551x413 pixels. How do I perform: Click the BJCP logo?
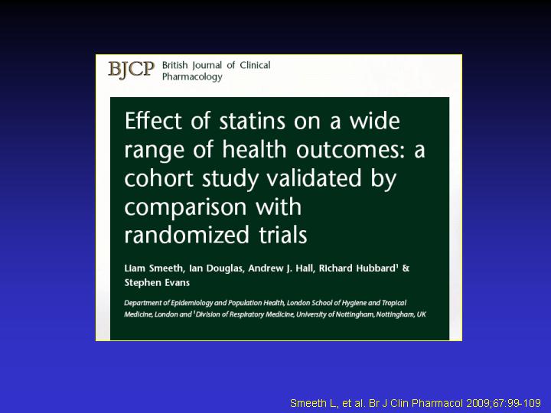click(131, 70)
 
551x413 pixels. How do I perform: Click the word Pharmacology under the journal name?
click(192, 76)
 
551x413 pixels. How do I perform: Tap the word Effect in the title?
click(154, 121)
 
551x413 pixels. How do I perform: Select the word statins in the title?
click(253, 121)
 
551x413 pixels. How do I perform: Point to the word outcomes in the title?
click(350, 150)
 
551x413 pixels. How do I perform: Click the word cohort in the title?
click(159, 177)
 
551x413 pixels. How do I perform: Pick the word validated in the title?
click(314, 177)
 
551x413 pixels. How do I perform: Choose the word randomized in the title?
click(187, 235)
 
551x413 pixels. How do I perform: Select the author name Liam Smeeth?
click(154, 268)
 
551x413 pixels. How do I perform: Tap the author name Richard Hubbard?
click(357, 268)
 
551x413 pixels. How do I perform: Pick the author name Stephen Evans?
click(157, 283)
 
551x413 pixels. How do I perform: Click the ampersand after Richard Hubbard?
click(406, 268)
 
